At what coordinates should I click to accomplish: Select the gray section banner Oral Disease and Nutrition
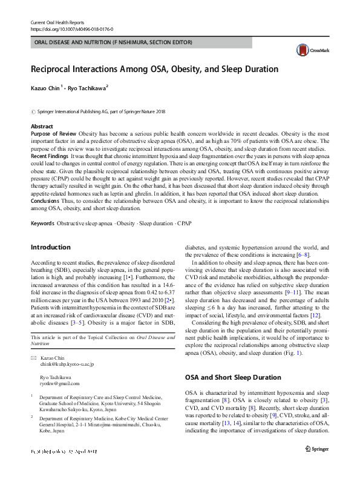111,42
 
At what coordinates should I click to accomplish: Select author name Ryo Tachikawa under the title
87,88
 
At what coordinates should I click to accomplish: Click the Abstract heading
42,126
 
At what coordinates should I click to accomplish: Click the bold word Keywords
42,223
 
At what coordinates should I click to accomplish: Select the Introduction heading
50,247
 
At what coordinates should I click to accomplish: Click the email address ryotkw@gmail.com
59,383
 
